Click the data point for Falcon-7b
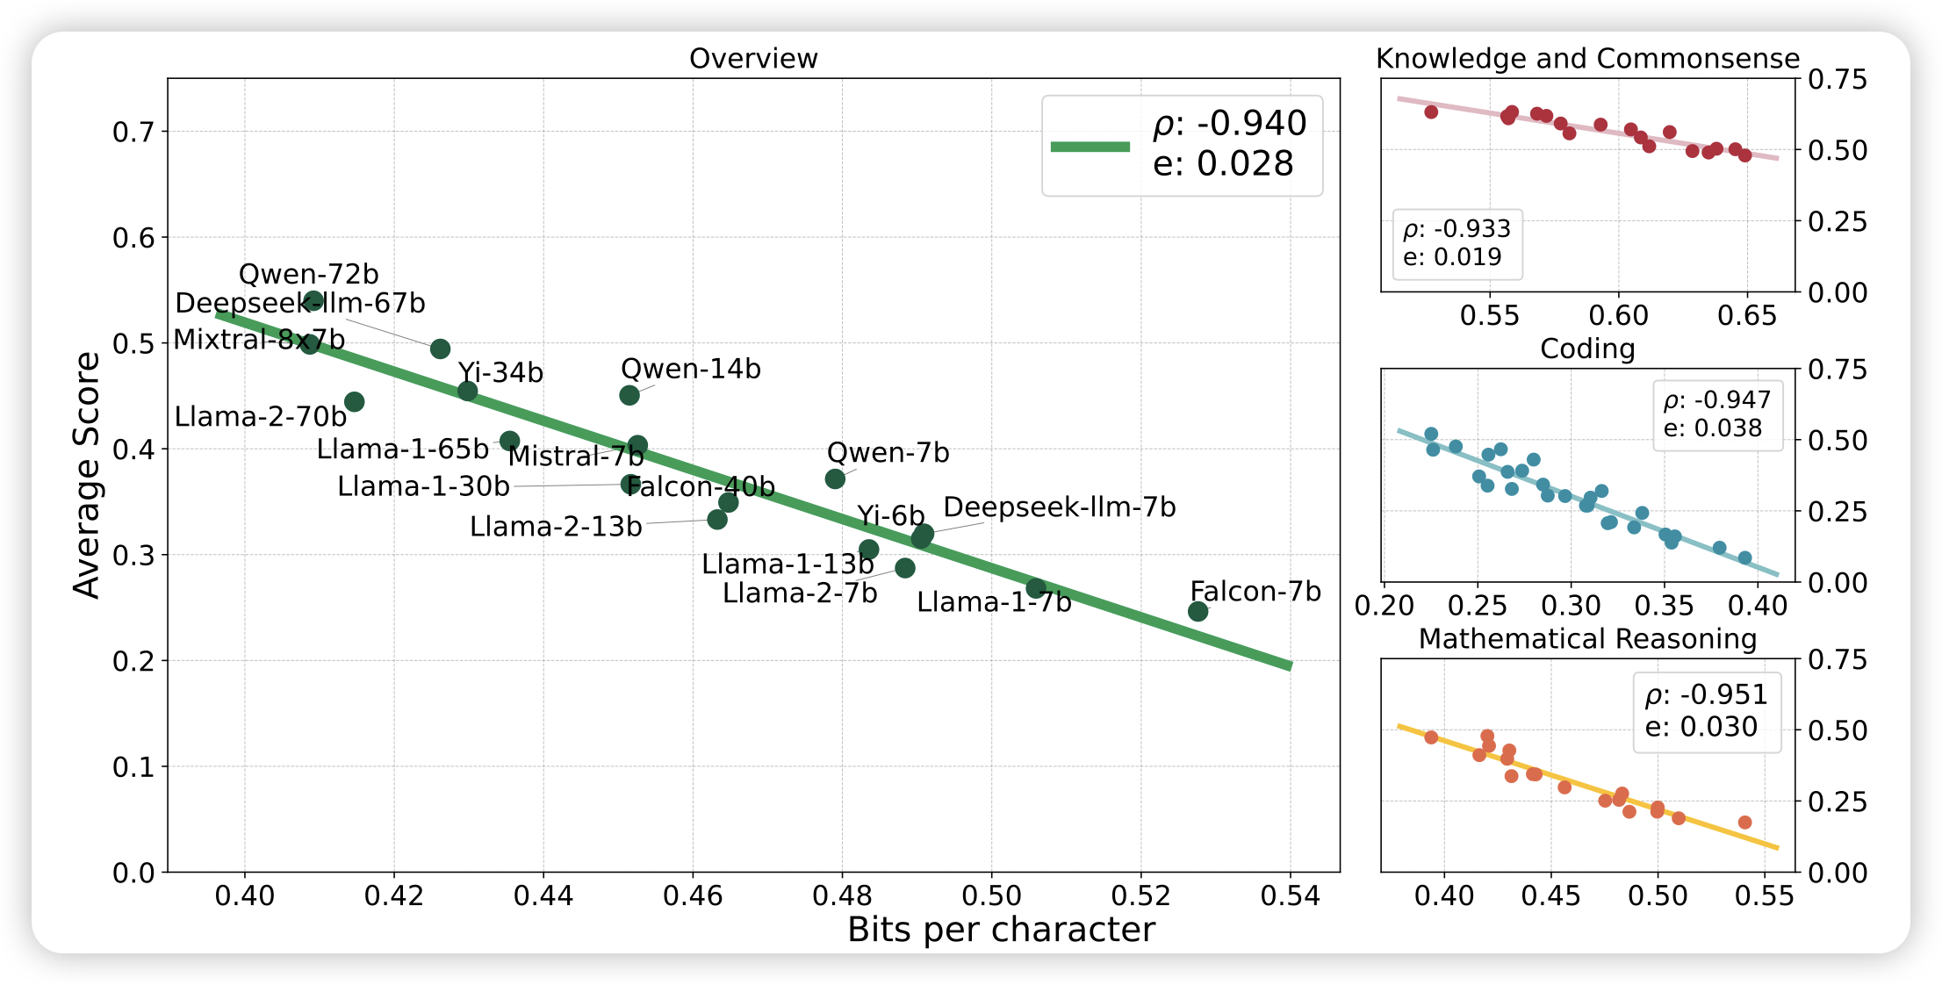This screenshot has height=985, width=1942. pos(1198,611)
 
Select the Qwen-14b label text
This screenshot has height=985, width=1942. pos(690,369)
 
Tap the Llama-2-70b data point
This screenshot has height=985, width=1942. pos(354,402)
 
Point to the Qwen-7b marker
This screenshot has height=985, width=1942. pos(835,478)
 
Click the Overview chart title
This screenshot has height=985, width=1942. pos(753,59)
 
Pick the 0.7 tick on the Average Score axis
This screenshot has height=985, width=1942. pos(133,132)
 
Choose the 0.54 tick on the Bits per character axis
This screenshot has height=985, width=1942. pos(1290,896)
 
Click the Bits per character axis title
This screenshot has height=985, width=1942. pos(1001,930)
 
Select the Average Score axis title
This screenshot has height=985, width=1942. pos(87,475)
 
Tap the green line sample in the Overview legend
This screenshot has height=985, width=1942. pos(1090,147)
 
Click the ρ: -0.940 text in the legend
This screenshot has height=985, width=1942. pos(1230,124)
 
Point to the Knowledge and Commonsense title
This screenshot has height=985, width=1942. pos(1587,59)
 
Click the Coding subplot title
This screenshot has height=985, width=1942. pos(1587,349)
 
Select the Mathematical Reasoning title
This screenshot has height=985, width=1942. pos(1587,639)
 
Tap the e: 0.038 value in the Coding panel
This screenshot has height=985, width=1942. pos(1712,428)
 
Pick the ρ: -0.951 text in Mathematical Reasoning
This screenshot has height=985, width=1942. pos(1706,694)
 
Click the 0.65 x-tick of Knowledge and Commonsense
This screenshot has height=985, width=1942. pos(1747,316)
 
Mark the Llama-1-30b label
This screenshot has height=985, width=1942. pos(423,486)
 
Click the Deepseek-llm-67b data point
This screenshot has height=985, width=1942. pos(441,349)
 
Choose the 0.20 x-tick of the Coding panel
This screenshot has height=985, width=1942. pos(1385,606)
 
